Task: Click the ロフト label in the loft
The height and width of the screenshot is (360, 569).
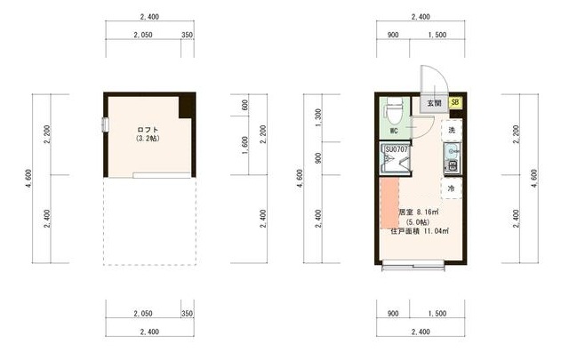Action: coord(148,130)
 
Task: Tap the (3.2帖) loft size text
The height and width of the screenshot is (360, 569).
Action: coord(148,139)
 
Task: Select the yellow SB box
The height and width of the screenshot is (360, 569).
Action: coord(455,102)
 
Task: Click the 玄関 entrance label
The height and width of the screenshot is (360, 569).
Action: coord(434,103)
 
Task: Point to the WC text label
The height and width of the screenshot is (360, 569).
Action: coord(394,131)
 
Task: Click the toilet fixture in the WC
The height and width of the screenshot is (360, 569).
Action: coord(394,111)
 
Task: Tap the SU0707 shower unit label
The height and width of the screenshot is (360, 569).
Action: coord(397,149)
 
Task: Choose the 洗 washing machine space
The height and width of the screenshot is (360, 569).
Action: coord(452,130)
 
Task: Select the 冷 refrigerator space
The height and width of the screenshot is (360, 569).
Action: coord(452,188)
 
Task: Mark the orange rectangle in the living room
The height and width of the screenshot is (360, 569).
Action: coord(389,203)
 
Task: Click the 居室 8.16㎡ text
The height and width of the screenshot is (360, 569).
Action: coord(419,212)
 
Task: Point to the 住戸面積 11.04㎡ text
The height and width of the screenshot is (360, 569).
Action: coord(420,231)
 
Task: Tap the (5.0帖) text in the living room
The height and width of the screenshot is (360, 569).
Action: coord(418,221)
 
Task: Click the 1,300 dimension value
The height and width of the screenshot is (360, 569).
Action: coord(318,117)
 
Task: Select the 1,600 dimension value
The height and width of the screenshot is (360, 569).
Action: coord(245,146)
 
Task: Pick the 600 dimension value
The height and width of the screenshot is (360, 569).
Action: coord(245,105)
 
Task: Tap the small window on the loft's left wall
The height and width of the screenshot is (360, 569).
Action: coord(106,124)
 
